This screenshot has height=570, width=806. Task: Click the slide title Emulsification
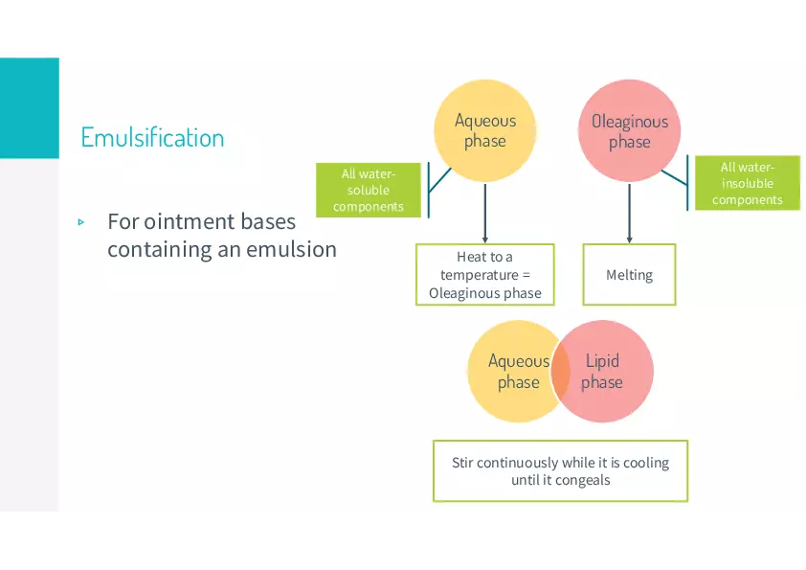click(x=152, y=138)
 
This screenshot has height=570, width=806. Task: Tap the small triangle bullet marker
click(x=81, y=222)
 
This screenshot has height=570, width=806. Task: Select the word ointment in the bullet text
click(x=200, y=222)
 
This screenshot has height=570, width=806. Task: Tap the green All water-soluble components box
click(x=369, y=190)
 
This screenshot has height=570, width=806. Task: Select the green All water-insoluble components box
click(x=747, y=183)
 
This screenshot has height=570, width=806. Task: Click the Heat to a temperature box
click(x=484, y=275)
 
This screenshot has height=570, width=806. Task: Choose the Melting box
click(x=629, y=275)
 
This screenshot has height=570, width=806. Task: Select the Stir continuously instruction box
click(x=560, y=470)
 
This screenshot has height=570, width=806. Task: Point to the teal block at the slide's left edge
click(x=29, y=105)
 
